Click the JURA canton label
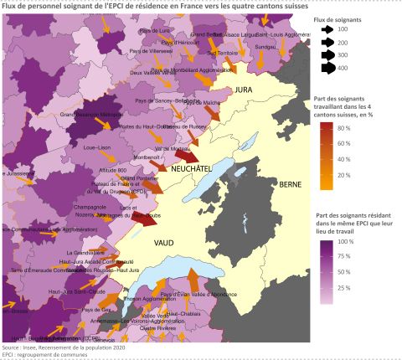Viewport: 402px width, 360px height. [243, 88]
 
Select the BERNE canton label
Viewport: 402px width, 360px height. [290, 183]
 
